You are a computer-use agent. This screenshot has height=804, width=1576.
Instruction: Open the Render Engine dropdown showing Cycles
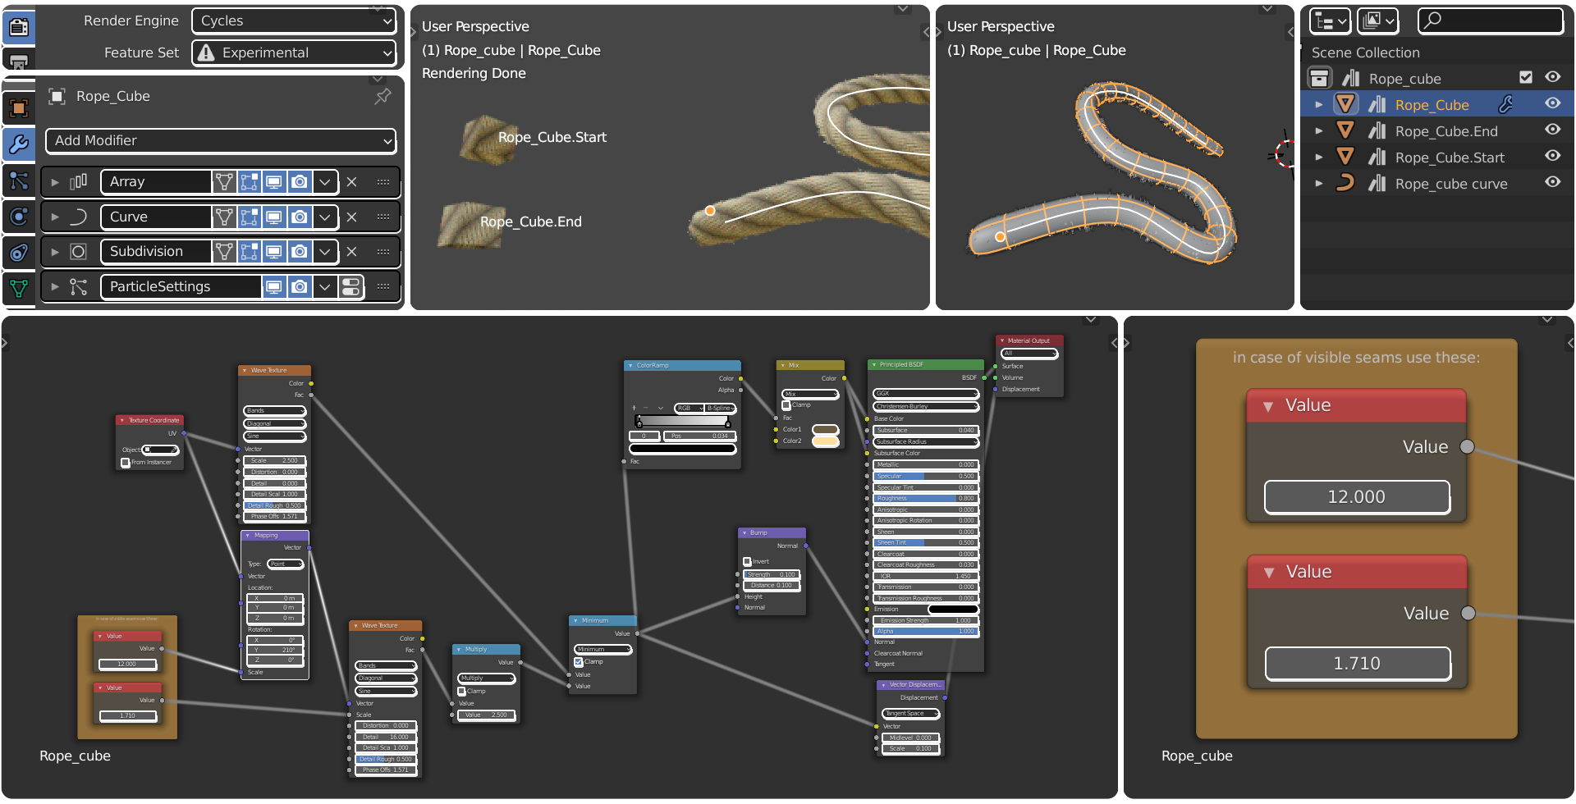[x=293, y=21]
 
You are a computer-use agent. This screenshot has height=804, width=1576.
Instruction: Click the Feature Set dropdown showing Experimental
[x=293, y=53]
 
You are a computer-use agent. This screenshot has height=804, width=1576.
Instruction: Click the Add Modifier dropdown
[x=220, y=140]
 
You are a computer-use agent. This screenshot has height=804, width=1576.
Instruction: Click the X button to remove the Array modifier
[x=351, y=182]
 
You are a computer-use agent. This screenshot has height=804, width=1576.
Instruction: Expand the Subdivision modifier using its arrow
[x=55, y=252]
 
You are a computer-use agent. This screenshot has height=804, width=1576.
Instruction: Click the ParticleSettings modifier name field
[x=181, y=286]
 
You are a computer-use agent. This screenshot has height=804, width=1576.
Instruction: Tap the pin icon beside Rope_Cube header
[x=383, y=96]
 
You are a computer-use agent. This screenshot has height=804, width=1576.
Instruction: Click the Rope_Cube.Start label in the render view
[x=552, y=137]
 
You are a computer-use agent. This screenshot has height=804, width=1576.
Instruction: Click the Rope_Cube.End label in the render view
[x=530, y=222]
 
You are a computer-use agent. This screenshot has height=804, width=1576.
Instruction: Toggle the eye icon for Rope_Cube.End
[x=1552, y=130]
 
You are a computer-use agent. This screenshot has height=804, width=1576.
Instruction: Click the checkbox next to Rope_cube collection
[x=1525, y=77]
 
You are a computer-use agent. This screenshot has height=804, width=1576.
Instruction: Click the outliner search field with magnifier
[x=1490, y=21]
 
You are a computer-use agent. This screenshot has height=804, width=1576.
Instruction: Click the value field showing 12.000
[x=1356, y=497]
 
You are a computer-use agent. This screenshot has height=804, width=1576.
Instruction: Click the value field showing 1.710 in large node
[x=1356, y=664]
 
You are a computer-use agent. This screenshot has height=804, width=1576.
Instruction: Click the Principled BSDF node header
[x=924, y=364]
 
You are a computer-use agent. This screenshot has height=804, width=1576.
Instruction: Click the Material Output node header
[x=1029, y=340]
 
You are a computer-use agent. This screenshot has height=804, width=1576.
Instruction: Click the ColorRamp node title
[x=681, y=365]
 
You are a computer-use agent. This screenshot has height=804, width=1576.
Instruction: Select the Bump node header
[x=771, y=532]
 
